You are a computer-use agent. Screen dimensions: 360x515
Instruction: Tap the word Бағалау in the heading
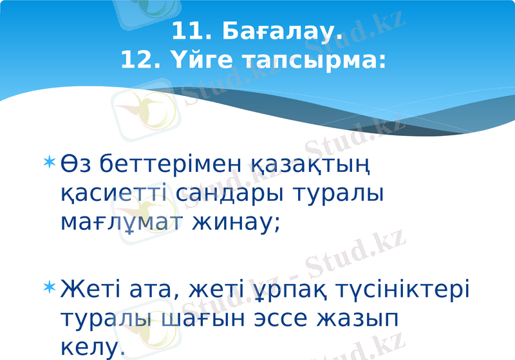coord(283,30)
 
